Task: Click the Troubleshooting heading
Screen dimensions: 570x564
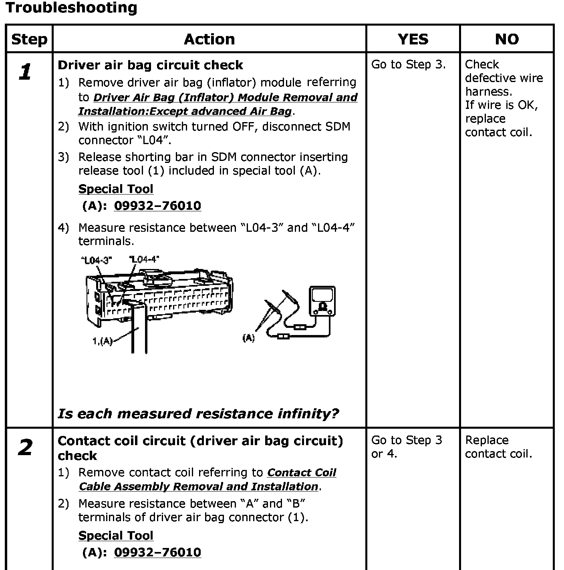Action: point(71,8)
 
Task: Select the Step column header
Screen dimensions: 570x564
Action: point(29,39)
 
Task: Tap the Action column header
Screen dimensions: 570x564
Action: point(209,39)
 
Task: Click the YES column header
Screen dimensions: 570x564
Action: point(413,39)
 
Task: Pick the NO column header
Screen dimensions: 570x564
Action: point(507,39)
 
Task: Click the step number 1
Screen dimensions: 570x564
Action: point(25,72)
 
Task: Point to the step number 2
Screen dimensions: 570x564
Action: point(25,448)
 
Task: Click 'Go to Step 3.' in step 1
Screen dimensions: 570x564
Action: point(408,64)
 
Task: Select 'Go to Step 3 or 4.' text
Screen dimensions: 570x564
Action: point(406,447)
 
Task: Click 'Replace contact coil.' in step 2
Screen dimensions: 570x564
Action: point(498,447)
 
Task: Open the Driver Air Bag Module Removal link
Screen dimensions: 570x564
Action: point(218,104)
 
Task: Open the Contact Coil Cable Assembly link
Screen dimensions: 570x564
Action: point(207,480)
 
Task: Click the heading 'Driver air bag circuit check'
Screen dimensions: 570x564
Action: point(150,65)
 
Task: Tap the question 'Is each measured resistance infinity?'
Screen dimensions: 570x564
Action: point(198,413)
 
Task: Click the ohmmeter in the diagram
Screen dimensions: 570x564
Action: point(322,300)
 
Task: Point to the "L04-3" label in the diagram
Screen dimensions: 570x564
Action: point(96,261)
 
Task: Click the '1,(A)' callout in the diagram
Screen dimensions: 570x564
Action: point(102,341)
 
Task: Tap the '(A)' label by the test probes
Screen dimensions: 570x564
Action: point(248,338)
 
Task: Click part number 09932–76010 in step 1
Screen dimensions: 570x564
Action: point(157,206)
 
